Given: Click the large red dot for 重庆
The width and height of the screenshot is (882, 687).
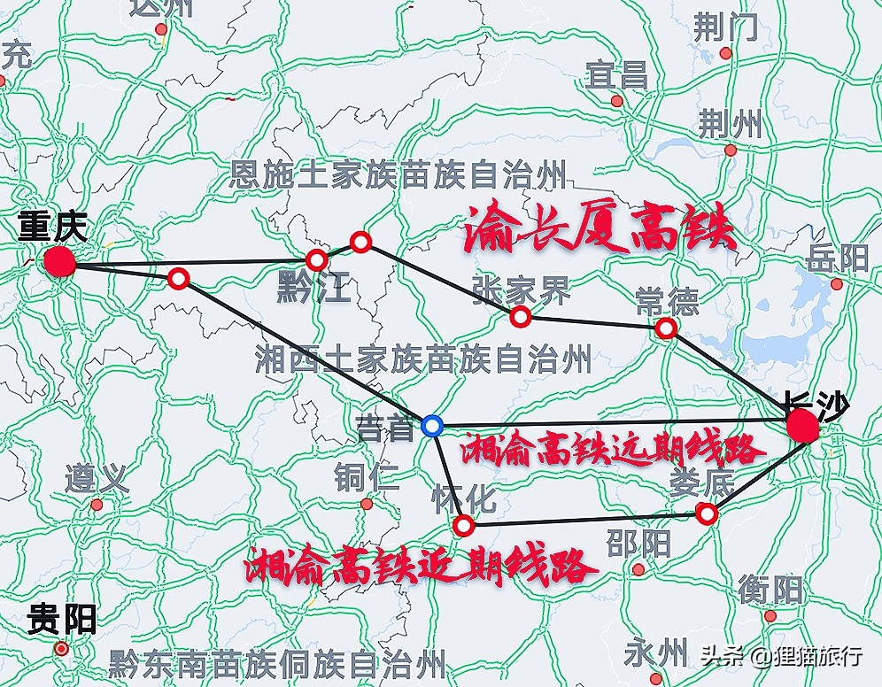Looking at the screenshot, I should coord(59,261).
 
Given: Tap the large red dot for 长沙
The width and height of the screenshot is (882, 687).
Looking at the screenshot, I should coord(803,425).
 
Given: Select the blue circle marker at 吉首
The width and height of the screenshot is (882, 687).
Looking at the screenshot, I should coord(432,426).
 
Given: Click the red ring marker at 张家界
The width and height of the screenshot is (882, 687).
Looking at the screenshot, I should coord(521,316).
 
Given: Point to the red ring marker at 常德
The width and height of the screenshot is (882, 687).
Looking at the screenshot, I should coord(666,328).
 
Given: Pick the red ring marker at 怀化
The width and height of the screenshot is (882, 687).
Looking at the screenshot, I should coord(463,526).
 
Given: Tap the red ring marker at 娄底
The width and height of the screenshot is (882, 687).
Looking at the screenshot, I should coord(706,513).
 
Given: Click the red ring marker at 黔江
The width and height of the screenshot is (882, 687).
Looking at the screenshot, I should coord(316,260).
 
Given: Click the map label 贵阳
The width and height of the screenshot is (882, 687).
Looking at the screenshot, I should coord(62,618).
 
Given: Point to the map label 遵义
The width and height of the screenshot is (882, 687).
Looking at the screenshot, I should coord(97,480).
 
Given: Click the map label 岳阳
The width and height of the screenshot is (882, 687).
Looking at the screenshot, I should coord(838,259).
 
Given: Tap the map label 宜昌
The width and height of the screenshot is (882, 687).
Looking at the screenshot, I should coord(616,75).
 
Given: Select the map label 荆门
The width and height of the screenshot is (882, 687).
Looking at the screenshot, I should coord(726,28).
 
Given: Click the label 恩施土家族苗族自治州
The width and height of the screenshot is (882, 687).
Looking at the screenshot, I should coord(398,175).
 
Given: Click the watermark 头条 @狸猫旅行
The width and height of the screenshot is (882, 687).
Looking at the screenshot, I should coord(781,656).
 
